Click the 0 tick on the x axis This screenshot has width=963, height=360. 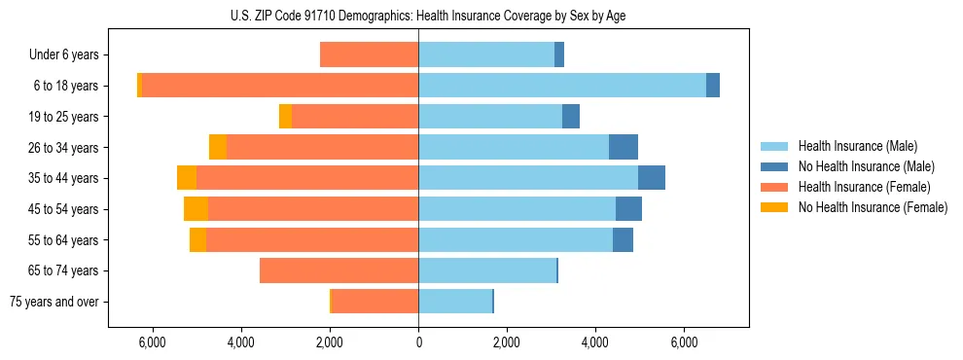[x=418, y=342]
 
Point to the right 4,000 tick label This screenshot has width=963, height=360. [x=595, y=342]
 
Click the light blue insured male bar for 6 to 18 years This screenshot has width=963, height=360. [x=562, y=86]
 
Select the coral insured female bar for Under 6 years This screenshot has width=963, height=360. [x=369, y=54]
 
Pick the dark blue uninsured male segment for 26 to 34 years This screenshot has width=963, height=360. [x=624, y=147]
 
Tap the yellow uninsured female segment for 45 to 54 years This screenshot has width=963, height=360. [x=196, y=209]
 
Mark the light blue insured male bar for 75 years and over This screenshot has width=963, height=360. [x=455, y=302]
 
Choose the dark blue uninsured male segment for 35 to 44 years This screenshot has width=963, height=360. [x=652, y=178]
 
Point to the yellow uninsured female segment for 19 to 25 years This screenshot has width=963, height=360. [x=285, y=117]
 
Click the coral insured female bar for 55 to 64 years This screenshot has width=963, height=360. [x=311, y=239]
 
